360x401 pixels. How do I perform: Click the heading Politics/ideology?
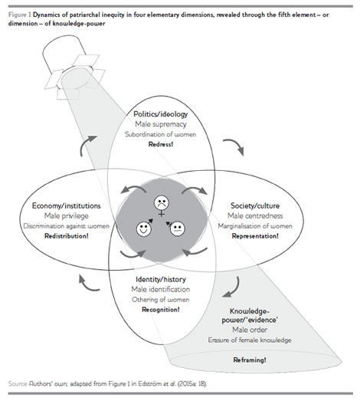coord(160,114)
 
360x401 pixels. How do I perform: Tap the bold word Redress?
coord(161,144)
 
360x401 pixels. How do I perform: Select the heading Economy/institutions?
coord(67,205)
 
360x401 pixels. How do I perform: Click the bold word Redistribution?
coord(67,236)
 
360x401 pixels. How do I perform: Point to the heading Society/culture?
coord(255,205)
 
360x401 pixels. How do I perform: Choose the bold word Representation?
coord(255,236)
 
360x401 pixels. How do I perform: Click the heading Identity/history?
coord(161,279)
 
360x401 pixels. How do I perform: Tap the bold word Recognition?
coord(161,310)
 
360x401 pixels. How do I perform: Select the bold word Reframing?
coord(250,360)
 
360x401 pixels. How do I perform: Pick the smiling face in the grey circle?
coord(144,228)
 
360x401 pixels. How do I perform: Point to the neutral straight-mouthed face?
coord(176,228)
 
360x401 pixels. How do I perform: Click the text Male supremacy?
coord(161,124)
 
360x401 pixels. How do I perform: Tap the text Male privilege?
coord(67,215)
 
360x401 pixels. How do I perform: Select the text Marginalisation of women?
coord(255,226)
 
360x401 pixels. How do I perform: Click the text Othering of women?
coord(161,300)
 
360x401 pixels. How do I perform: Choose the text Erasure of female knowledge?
coord(250,340)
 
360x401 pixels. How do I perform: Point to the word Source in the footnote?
coord(18,383)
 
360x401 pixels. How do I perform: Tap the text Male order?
coord(250,330)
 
